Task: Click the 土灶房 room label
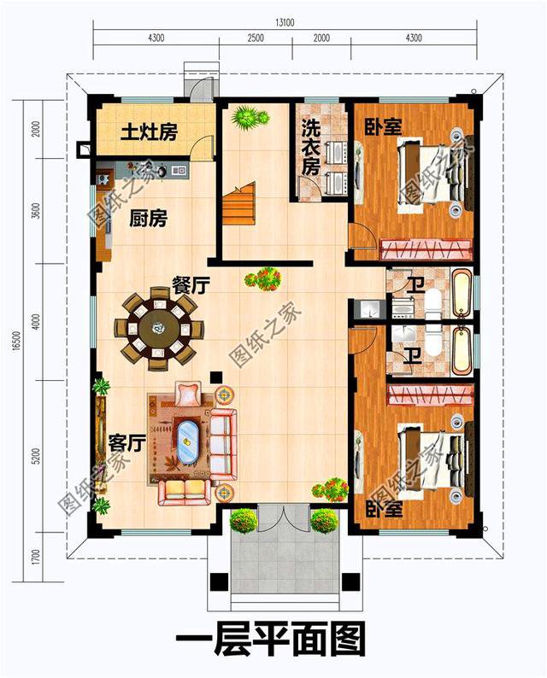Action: [149, 132]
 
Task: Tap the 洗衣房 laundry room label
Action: [311, 147]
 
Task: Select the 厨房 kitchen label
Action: [148, 219]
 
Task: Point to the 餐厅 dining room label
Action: [191, 285]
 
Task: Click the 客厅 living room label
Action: [126, 442]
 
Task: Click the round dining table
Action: [159, 328]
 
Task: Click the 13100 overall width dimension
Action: [285, 22]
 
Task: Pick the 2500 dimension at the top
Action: [256, 38]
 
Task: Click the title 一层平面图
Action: [270, 639]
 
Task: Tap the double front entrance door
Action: [284, 517]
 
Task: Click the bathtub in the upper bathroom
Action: [462, 292]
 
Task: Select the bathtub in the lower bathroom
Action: [462, 350]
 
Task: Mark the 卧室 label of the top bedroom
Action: [383, 126]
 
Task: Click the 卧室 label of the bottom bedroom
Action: [385, 509]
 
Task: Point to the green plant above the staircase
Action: [250, 117]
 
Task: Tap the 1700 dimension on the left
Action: [36, 557]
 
